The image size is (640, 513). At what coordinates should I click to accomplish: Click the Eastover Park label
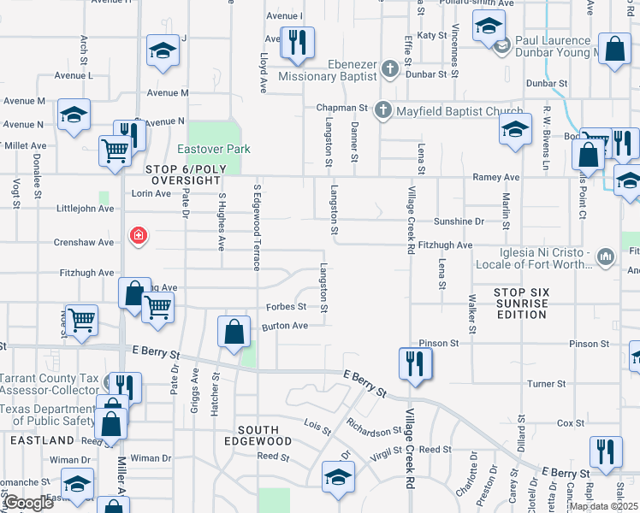[x=213, y=149]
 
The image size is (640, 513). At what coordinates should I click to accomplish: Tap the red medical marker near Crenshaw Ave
[x=136, y=235]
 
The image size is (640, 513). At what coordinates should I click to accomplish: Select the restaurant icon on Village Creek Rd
[x=415, y=364]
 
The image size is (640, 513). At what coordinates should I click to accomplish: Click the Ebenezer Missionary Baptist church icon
[x=390, y=68]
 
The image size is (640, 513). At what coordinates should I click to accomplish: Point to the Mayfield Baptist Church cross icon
[x=382, y=109]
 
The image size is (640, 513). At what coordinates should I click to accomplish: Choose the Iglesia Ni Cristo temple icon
[x=606, y=256]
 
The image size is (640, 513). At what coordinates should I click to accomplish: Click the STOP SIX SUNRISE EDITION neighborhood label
[x=521, y=304]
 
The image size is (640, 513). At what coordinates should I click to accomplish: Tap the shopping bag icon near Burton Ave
[x=234, y=332]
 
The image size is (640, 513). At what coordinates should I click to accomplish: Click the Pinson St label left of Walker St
[x=439, y=343]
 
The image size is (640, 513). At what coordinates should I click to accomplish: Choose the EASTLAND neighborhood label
[x=43, y=440]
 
